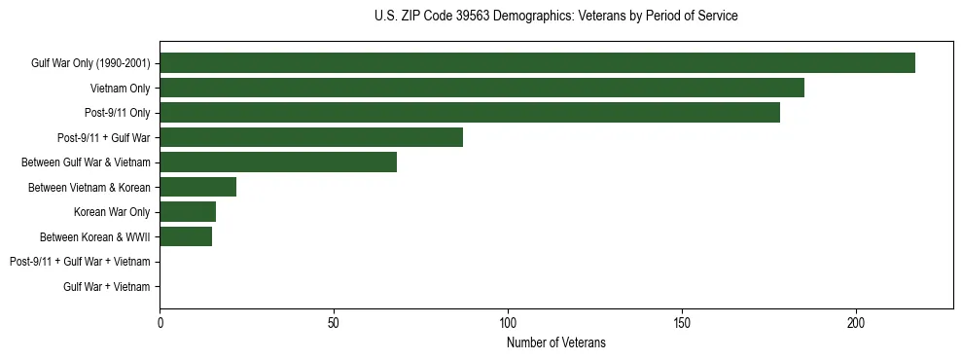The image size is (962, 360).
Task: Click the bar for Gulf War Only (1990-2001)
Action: (x=537, y=63)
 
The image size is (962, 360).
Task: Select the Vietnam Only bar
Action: (x=481, y=89)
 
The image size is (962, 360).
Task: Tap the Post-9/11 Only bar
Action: (x=470, y=113)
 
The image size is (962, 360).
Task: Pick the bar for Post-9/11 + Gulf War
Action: (x=311, y=137)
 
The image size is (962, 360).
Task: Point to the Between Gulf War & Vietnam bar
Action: (x=278, y=162)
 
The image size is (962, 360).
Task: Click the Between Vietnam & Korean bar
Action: (x=198, y=187)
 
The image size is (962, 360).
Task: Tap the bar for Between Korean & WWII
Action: (x=186, y=236)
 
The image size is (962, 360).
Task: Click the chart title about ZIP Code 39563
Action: (x=555, y=17)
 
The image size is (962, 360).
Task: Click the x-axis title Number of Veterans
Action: (x=555, y=342)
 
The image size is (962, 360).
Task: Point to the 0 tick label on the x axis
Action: (x=160, y=323)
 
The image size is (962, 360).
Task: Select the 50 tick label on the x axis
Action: (x=334, y=323)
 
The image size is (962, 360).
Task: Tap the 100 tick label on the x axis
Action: (x=508, y=323)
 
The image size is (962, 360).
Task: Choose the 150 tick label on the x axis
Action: (x=682, y=323)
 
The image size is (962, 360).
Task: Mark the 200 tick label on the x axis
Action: (x=856, y=323)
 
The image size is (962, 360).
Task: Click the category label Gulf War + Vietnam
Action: (x=107, y=286)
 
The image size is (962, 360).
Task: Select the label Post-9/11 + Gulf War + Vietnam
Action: (x=80, y=262)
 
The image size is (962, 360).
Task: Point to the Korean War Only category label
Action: (x=112, y=212)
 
